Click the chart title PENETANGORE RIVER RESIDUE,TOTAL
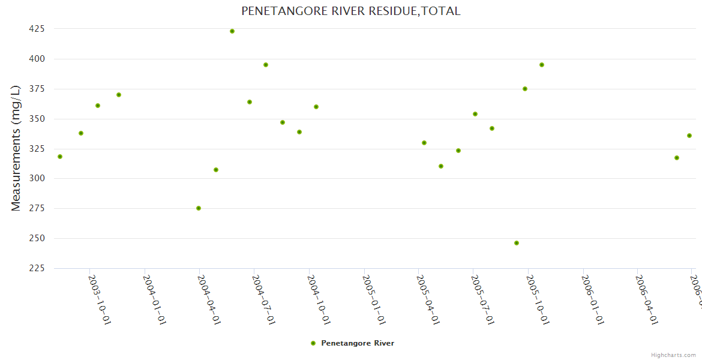(351, 11)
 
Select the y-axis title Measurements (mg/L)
(16, 148)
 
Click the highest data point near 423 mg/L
(232, 31)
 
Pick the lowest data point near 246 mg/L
(517, 243)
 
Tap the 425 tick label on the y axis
(37, 29)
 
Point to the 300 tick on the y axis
(37, 179)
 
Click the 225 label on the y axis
(37, 268)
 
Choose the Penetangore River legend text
(358, 343)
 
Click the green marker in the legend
(313, 343)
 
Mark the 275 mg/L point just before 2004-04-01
(199, 208)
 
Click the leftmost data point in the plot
(60, 157)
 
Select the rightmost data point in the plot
(689, 136)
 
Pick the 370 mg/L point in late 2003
(119, 95)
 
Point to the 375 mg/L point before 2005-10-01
(525, 89)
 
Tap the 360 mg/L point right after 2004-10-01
(316, 107)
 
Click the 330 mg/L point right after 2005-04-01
(424, 143)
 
